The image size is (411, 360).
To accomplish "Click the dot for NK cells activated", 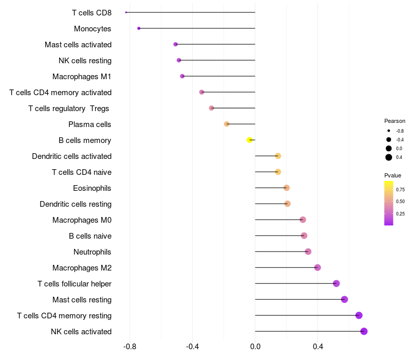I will tap(364, 331).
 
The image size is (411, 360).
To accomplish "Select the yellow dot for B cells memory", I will tap(250, 140).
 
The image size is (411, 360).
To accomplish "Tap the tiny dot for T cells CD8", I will tap(126, 12).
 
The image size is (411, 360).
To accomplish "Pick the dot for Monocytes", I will tap(139, 28).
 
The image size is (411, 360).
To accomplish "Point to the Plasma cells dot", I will tap(227, 124).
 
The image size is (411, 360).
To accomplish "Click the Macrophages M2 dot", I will tap(317, 267).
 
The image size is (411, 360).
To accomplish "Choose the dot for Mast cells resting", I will tap(344, 299).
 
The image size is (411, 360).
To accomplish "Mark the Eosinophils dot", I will tap(286, 188).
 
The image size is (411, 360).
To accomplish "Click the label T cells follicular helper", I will tap(74, 283).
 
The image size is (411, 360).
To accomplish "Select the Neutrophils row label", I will tap(92, 251).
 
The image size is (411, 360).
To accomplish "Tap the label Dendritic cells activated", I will tap(71, 156).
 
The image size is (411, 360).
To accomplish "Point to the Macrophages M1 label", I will tap(82, 76).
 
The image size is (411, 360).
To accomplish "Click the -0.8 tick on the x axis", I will tap(129, 347).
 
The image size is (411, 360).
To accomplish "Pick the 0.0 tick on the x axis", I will tap(255, 347).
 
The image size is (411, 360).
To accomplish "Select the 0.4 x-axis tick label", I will tap(317, 347).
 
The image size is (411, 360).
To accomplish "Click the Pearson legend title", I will tap(395, 121).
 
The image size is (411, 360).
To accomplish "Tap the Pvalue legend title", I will tap(393, 175).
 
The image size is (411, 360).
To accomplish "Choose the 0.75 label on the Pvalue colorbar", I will tap(400, 190).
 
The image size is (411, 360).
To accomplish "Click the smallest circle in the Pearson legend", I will tap(389, 131).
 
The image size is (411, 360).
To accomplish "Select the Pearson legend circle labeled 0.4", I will tap(389, 157).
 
